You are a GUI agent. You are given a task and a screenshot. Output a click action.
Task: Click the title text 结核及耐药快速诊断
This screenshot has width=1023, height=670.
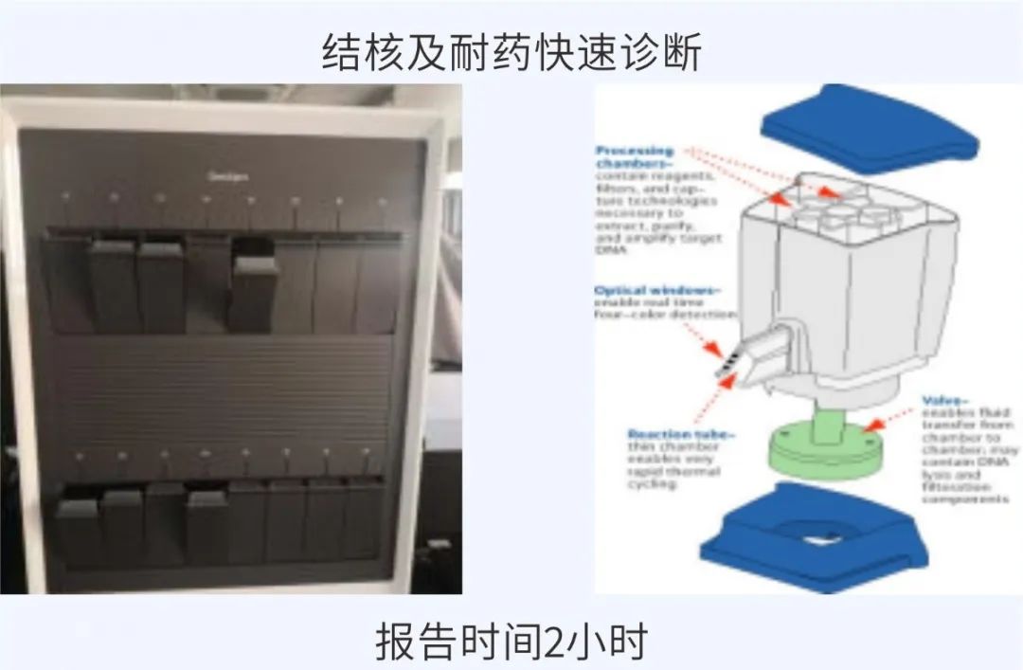point(511,52)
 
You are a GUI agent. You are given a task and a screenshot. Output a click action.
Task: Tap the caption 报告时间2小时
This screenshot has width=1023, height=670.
point(511,642)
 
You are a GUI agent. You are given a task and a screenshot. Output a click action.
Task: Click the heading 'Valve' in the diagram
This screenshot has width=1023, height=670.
point(944,401)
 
